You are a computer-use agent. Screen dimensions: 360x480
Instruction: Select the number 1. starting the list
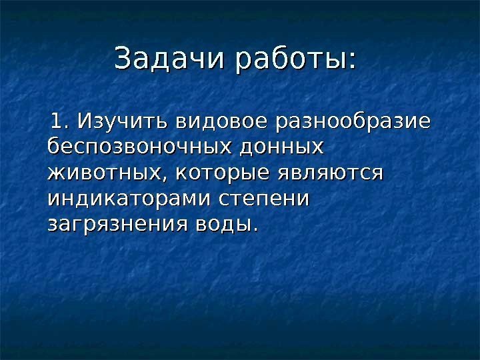click(65, 123)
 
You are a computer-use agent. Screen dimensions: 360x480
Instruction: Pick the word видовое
click(207, 123)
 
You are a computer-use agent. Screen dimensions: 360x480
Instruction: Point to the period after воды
click(253, 229)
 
